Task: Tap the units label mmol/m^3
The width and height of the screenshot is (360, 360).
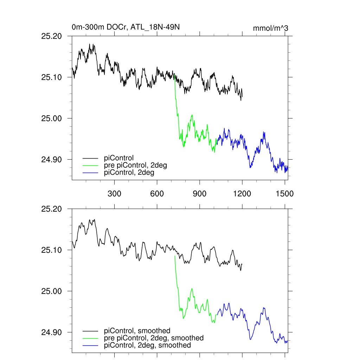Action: [270, 28]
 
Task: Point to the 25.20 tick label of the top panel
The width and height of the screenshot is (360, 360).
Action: [52, 36]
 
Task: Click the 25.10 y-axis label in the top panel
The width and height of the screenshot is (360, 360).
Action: [52, 77]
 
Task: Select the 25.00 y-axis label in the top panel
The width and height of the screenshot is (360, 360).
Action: [52, 118]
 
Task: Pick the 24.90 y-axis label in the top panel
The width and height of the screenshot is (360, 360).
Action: [52, 160]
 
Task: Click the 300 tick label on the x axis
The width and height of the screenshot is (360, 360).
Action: [115, 193]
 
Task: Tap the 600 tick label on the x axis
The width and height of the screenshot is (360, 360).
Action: [157, 193]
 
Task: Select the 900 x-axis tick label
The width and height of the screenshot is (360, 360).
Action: [200, 193]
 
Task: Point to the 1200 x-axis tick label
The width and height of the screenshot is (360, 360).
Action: [242, 193]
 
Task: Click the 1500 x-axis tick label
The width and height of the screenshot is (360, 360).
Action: [285, 193]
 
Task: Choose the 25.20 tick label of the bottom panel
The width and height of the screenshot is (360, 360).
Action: [52, 209]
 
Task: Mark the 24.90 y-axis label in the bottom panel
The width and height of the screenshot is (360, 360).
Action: [52, 332]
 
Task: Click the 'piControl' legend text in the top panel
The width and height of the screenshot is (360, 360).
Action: [119, 158]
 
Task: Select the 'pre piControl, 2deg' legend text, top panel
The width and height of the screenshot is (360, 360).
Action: [135, 165]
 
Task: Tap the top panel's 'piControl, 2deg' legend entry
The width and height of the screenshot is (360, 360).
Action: [129, 173]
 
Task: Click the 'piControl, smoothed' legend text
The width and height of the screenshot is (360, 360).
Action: [137, 330]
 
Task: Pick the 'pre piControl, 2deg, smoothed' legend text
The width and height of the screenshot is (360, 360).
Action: [154, 338]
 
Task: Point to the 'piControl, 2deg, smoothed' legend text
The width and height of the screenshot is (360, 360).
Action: [148, 345]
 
